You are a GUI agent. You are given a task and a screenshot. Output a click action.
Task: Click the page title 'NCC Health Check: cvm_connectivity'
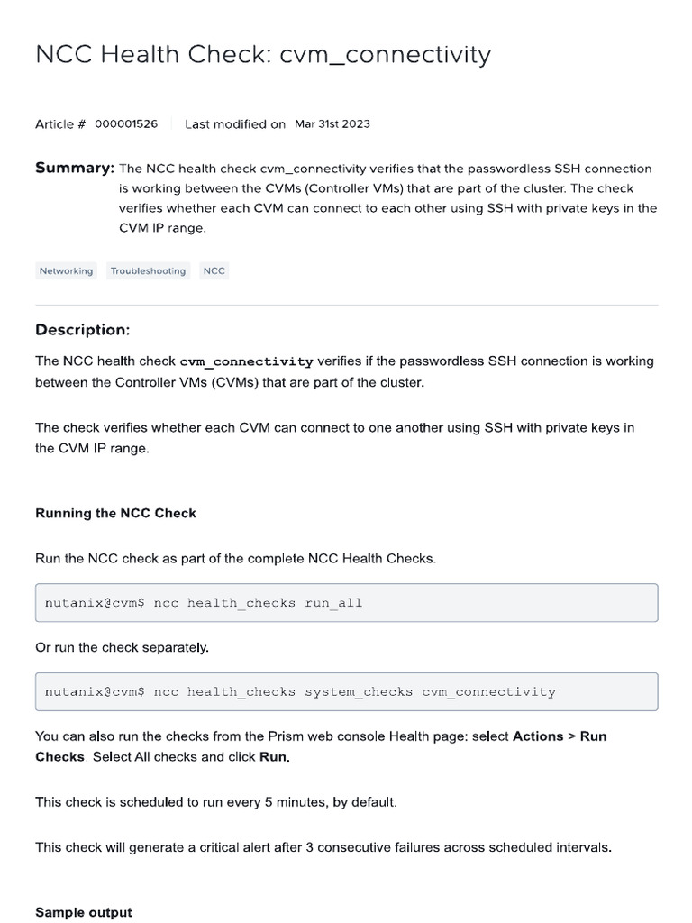263,56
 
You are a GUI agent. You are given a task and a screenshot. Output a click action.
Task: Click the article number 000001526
126,124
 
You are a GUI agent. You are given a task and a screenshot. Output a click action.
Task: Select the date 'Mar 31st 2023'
332,124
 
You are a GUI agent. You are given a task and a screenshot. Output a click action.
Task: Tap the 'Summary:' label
75,169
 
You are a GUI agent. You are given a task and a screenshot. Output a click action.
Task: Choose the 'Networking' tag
66,271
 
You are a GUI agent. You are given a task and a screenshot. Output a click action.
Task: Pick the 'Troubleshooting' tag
148,271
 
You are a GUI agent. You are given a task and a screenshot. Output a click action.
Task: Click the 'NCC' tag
214,271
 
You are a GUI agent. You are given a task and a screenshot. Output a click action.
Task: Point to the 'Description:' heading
83,330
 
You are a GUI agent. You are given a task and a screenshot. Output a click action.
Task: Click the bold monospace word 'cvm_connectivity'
247,362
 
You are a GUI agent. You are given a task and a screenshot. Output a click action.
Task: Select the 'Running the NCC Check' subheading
115,514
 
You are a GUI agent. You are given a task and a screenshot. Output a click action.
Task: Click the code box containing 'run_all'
346,603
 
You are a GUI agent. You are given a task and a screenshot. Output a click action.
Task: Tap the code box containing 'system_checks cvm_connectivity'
346,692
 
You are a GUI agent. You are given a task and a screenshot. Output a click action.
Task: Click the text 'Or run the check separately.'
122,648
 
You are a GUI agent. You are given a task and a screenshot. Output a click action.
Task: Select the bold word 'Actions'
538,736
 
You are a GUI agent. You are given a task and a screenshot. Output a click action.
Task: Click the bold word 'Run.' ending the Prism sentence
275,757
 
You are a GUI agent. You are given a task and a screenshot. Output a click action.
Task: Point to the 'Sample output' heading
84,912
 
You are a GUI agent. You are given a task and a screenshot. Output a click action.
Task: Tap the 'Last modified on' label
235,124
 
